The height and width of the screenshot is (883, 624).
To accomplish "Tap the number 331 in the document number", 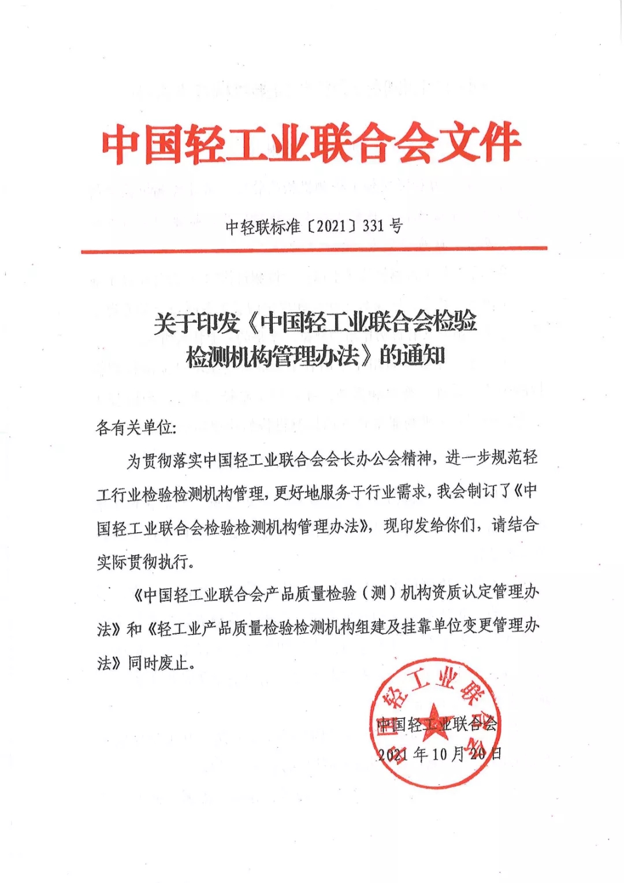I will pyautogui.click(x=373, y=225).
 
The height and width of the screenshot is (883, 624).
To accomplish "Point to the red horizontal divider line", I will pyautogui.click(x=314, y=250).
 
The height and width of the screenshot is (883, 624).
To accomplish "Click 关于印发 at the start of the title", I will pyautogui.click(x=196, y=322).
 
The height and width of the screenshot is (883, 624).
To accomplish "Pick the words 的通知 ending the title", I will pyautogui.click(x=412, y=355).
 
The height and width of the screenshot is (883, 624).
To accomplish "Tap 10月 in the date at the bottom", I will pyautogui.click(x=448, y=754).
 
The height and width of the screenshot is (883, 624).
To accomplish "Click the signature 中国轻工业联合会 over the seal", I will pyautogui.click(x=436, y=725).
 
